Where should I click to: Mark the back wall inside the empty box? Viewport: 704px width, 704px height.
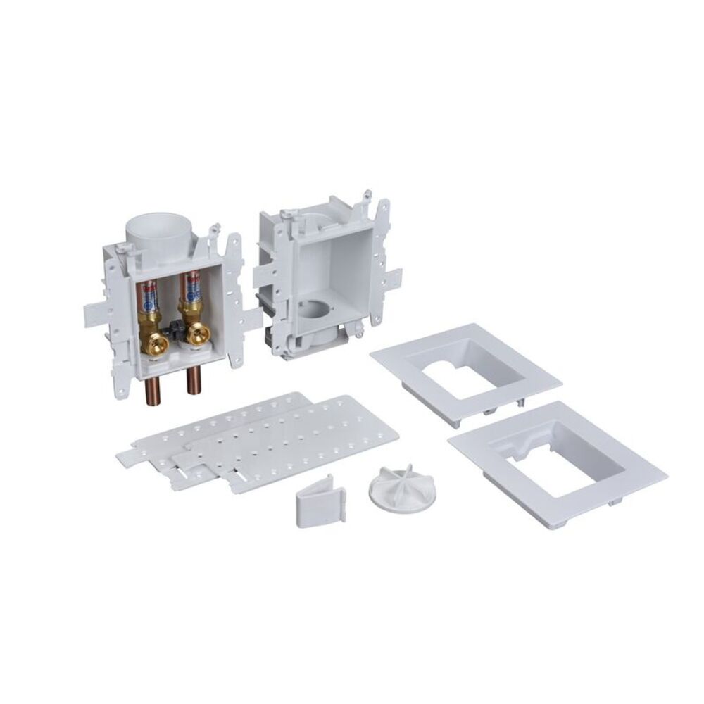click(x=331, y=268)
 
